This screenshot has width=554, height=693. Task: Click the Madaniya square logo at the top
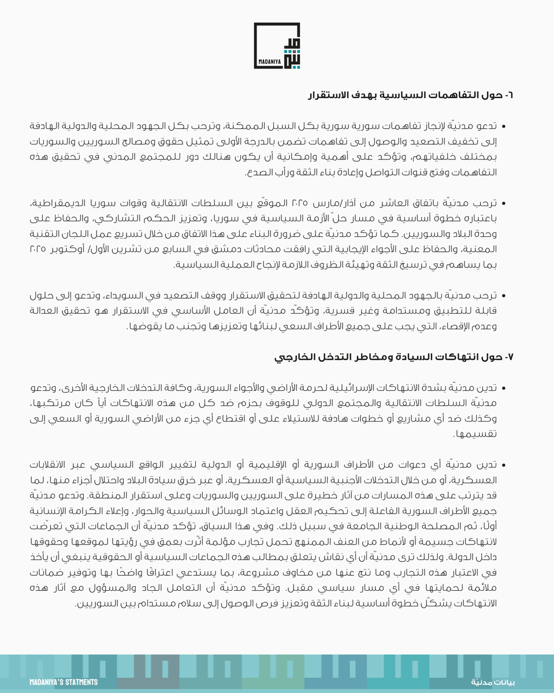click(277, 46)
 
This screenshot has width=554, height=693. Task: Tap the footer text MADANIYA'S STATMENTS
click(64, 683)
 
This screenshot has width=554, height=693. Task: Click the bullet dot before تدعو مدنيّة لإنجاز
click(503, 125)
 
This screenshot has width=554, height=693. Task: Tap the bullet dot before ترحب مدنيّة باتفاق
click(503, 204)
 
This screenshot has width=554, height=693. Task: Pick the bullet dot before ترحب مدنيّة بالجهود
click(503, 296)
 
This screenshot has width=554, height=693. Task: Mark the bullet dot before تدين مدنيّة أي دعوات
click(503, 465)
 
